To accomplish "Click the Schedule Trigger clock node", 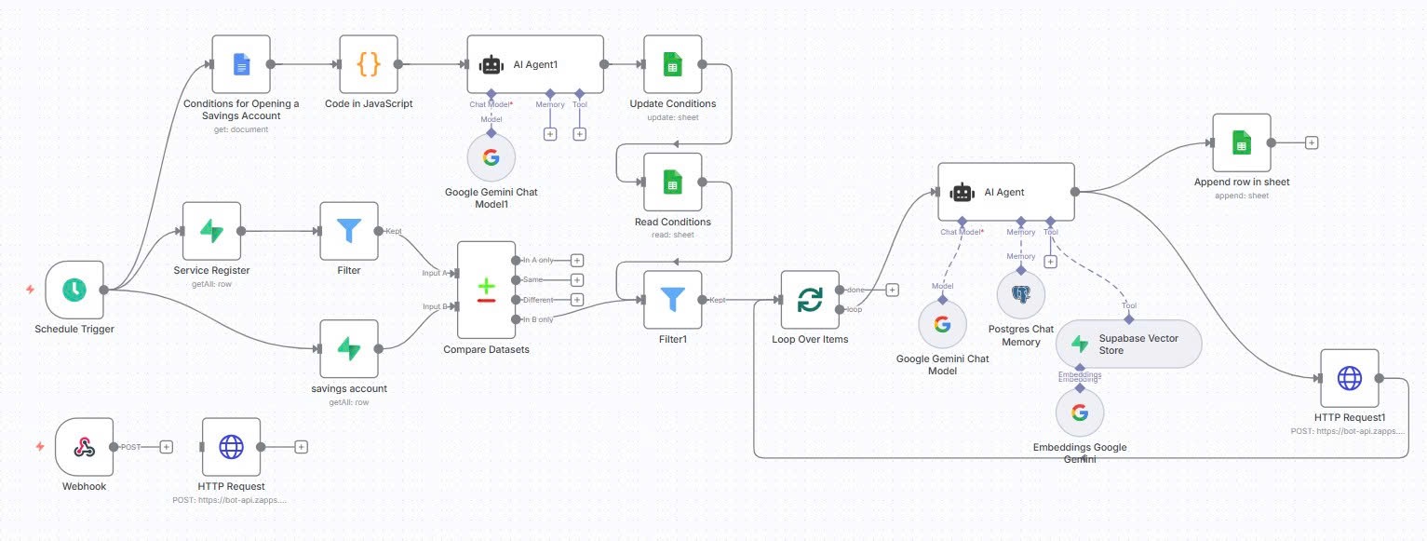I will tap(74, 290).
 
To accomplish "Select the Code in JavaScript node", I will tap(369, 64).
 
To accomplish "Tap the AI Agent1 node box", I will tap(535, 64).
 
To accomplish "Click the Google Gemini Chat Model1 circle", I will tap(491, 156).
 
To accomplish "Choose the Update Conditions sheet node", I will tap(672, 64).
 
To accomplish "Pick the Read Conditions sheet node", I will tap(672, 183).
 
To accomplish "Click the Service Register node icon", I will tap(211, 231).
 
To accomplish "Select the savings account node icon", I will tap(349, 349).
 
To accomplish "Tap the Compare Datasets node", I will tap(486, 290).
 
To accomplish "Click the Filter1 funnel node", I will tap(672, 300).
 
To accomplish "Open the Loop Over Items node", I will tap(810, 300).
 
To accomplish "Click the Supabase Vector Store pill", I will tap(1128, 345).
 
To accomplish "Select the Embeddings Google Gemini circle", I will tap(1080, 413).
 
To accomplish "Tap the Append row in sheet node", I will tap(1241, 142).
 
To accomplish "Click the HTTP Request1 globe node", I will tap(1349, 378).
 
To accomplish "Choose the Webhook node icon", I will tap(84, 447).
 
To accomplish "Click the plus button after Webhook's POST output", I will tap(166, 447).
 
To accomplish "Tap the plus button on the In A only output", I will tap(577, 260).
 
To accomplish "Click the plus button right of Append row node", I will tap(1312, 142).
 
